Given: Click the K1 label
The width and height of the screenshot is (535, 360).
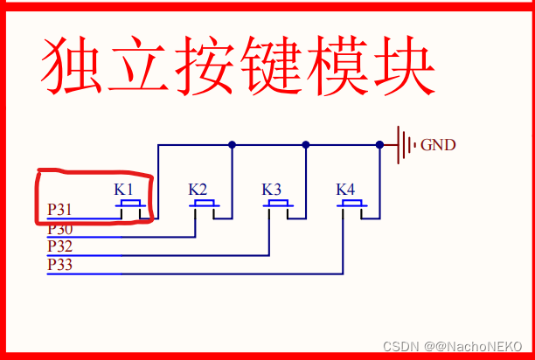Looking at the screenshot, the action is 124,189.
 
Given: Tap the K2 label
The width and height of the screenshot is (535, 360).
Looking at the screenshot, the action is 198,189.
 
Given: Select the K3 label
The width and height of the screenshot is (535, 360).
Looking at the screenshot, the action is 272,189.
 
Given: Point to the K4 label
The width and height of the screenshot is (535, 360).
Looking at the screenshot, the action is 345,189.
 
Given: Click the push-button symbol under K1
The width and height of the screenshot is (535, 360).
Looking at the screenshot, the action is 131,204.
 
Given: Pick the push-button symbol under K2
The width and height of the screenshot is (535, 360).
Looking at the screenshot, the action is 205,204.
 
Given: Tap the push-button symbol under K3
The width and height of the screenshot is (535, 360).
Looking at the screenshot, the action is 279,204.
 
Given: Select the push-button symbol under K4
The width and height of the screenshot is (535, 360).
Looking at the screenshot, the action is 352,204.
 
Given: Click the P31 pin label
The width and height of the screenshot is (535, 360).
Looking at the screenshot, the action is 60,210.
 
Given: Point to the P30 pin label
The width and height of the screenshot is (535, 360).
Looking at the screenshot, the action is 60,229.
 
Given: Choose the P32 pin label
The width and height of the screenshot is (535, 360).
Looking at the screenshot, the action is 60,246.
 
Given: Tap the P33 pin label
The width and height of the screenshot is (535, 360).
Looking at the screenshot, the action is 60,264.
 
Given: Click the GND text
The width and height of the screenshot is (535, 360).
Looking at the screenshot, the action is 438,145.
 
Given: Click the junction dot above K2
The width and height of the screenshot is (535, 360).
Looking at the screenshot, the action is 232,144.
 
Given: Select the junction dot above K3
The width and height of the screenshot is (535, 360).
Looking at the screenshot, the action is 305,144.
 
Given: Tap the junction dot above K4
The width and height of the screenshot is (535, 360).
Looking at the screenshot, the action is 379,144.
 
